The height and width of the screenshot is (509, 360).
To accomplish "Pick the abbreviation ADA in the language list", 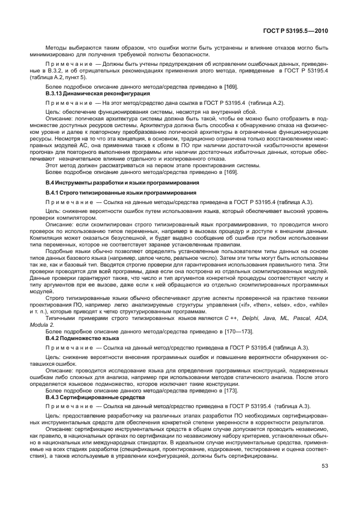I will tap(322, 318).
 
